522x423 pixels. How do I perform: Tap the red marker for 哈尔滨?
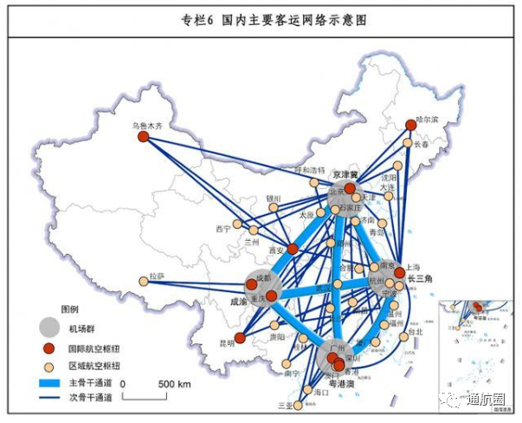pyautogui.click(x=411, y=125)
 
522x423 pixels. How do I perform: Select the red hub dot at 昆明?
pyautogui.click(x=240, y=337)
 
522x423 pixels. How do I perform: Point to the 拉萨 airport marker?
pyautogui.click(x=144, y=281)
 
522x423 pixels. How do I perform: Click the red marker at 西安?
pyautogui.click(x=293, y=250)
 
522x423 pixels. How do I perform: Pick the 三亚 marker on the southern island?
pyautogui.click(x=300, y=403)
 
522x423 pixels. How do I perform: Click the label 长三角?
pyautogui.click(x=419, y=277)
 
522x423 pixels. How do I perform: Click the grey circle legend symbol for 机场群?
pyautogui.click(x=51, y=327)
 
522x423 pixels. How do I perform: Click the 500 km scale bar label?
pyautogui.click(x=172, y=382)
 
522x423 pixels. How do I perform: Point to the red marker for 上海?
pyautogui.click(x=399, y=273)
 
